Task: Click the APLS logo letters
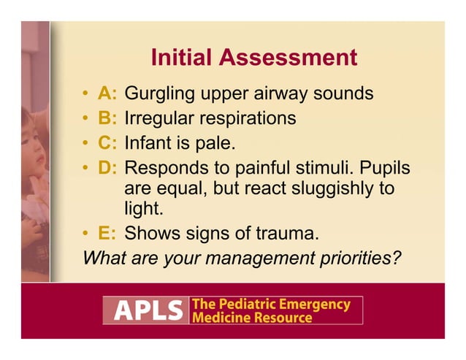point(146,310)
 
